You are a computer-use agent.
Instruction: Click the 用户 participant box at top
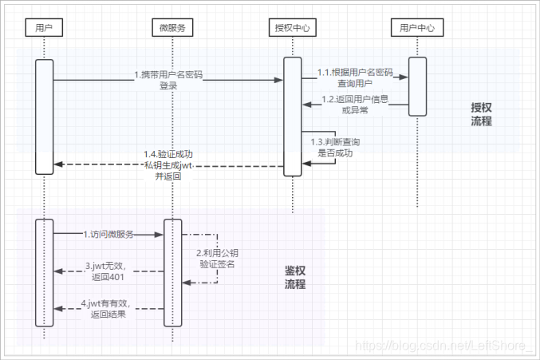click(x=44, y=28)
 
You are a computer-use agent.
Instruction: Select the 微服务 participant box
click(x=173, y=28)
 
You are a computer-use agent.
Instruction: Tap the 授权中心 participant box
click(x=292, y=28)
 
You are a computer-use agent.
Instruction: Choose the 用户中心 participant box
click(x=417, y=28)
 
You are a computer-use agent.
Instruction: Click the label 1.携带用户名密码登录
click(x=168, y=80)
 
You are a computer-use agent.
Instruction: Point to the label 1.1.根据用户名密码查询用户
click(x=355, y=77)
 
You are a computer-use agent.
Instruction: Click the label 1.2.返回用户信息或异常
click(x=355, y=104)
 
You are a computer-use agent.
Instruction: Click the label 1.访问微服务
click(x=108, y=235)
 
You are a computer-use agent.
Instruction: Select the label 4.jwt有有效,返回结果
click(x=107, y=309)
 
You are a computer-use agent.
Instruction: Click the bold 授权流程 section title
click(x=481, y=114)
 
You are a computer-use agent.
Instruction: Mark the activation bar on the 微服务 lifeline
click(x=173, y=272)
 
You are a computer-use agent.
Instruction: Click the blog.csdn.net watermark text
click(x=443, y=346)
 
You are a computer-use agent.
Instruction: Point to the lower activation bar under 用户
click(x=45, y=272)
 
